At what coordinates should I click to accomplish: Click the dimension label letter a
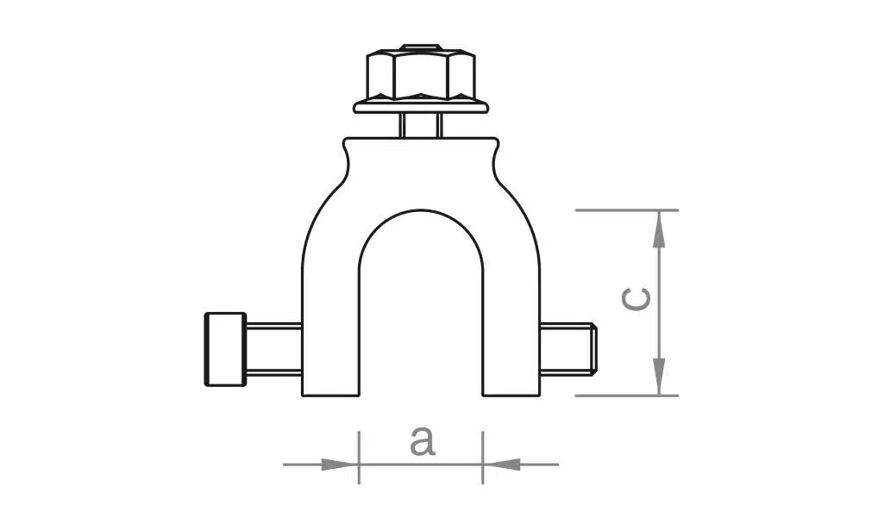point(423,442)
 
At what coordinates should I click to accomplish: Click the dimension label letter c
point(636,299)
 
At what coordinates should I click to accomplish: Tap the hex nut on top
point(421,75)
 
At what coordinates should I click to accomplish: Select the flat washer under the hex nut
point(421,107)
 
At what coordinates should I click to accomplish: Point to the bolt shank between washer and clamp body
point(421,126)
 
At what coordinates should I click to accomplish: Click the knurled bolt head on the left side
point(225,349)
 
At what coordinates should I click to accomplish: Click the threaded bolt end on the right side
point(568,349)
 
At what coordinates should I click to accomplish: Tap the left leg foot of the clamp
point(330,389)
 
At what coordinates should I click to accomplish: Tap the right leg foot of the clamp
point(511,389)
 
